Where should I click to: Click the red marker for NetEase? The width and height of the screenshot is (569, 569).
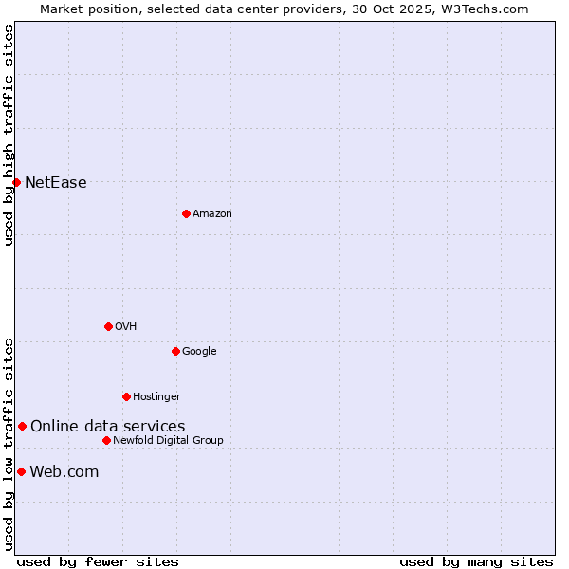point(16,182)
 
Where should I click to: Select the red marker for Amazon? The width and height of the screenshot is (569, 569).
point(186,213)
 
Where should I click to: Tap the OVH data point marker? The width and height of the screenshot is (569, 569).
point(108,326)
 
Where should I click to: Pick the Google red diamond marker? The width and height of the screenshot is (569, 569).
point(175,351)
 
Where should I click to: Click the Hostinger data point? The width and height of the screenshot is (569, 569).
point(126,396)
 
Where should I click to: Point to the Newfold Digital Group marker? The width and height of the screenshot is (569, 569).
point(106,440)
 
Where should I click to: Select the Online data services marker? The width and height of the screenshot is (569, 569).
point(22,426)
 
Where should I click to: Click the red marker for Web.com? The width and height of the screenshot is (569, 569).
point(21,471)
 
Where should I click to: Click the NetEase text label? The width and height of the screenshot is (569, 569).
point(56,183)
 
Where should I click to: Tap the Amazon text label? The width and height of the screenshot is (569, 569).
point(212,213)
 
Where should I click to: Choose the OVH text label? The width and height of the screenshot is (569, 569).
point(126,326)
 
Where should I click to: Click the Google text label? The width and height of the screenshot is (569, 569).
point(199,351)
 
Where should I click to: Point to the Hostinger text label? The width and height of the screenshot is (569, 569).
point(156,396)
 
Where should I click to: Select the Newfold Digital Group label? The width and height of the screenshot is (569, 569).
point(168,440)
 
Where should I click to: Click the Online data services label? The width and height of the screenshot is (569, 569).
point(108,427)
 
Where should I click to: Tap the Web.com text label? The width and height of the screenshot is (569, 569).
point(64,472)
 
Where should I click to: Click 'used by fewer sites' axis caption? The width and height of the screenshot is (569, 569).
point(98,561)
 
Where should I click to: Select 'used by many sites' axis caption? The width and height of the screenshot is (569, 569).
point(476,561)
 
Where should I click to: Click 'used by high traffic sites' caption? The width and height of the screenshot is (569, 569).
point(9,135)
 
